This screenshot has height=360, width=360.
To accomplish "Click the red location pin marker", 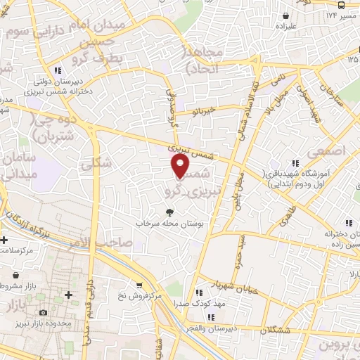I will [181, 167].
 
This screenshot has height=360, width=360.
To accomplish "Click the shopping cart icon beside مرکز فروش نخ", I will [139, 285].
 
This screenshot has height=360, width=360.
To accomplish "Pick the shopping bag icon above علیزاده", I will [285, 15].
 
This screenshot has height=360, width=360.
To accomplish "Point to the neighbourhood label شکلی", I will [96, 163].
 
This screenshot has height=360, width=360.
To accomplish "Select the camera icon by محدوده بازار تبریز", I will [44, 311].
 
